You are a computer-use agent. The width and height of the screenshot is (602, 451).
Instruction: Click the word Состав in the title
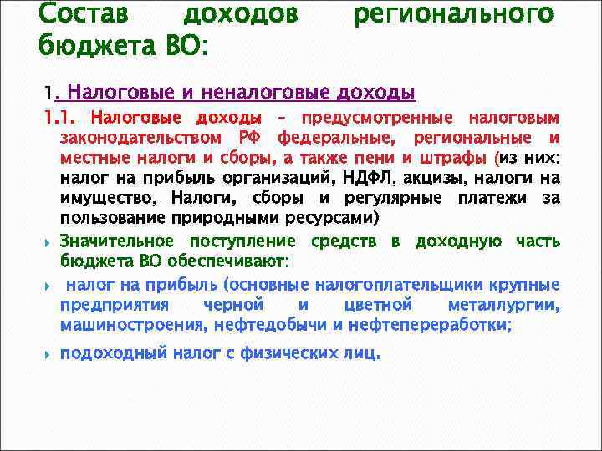pos(82,15)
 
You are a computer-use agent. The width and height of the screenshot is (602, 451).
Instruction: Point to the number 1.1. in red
pos(62,119)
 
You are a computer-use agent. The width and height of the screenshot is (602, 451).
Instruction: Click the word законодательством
pos(141,138)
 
